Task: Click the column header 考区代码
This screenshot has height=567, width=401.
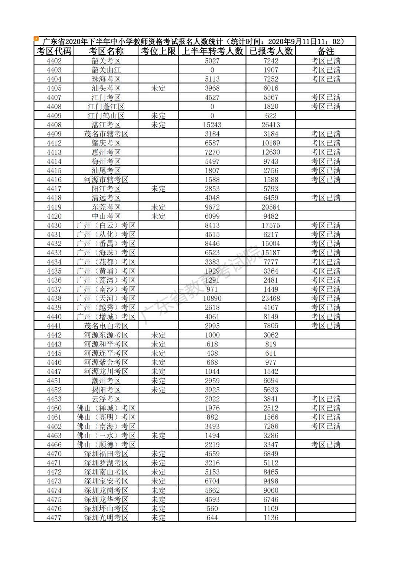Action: click(x=54, y=51)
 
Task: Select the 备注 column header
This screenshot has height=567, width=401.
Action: click(x=326, y=51)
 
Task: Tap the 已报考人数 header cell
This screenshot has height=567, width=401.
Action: click(x=271, y=51)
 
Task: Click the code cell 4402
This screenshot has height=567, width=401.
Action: click(x=54, y=61)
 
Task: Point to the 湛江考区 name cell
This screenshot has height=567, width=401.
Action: click(x=106, y=125)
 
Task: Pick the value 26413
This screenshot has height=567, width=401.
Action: click(x=271, y=125)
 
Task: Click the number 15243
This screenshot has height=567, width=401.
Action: click(x=212, y=125)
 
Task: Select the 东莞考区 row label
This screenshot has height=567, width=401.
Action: click(x=106, y=207)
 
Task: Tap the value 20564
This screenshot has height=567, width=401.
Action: click(x=271, y=207)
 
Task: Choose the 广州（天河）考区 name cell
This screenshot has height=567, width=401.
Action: click(x=106, y=299)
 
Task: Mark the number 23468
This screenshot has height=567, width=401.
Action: click(x=271, y=299)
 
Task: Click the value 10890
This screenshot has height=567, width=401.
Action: click(x=212, y=299)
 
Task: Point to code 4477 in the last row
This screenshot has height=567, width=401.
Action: click(x=54, y=518)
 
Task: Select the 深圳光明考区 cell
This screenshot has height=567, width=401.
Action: click(x=106, y=518)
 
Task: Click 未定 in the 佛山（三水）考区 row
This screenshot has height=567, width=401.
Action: click(x=158, y=436)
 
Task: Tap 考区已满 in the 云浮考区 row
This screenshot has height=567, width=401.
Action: click(x=326, y=399)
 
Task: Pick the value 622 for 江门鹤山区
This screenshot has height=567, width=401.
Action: click(x=271, y=116)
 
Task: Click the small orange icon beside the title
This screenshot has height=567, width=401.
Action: click(x=36, y=38)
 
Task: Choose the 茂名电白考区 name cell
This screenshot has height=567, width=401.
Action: click(x=106, y=326)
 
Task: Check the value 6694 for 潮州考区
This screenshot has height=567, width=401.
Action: click(x=271, y=381)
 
